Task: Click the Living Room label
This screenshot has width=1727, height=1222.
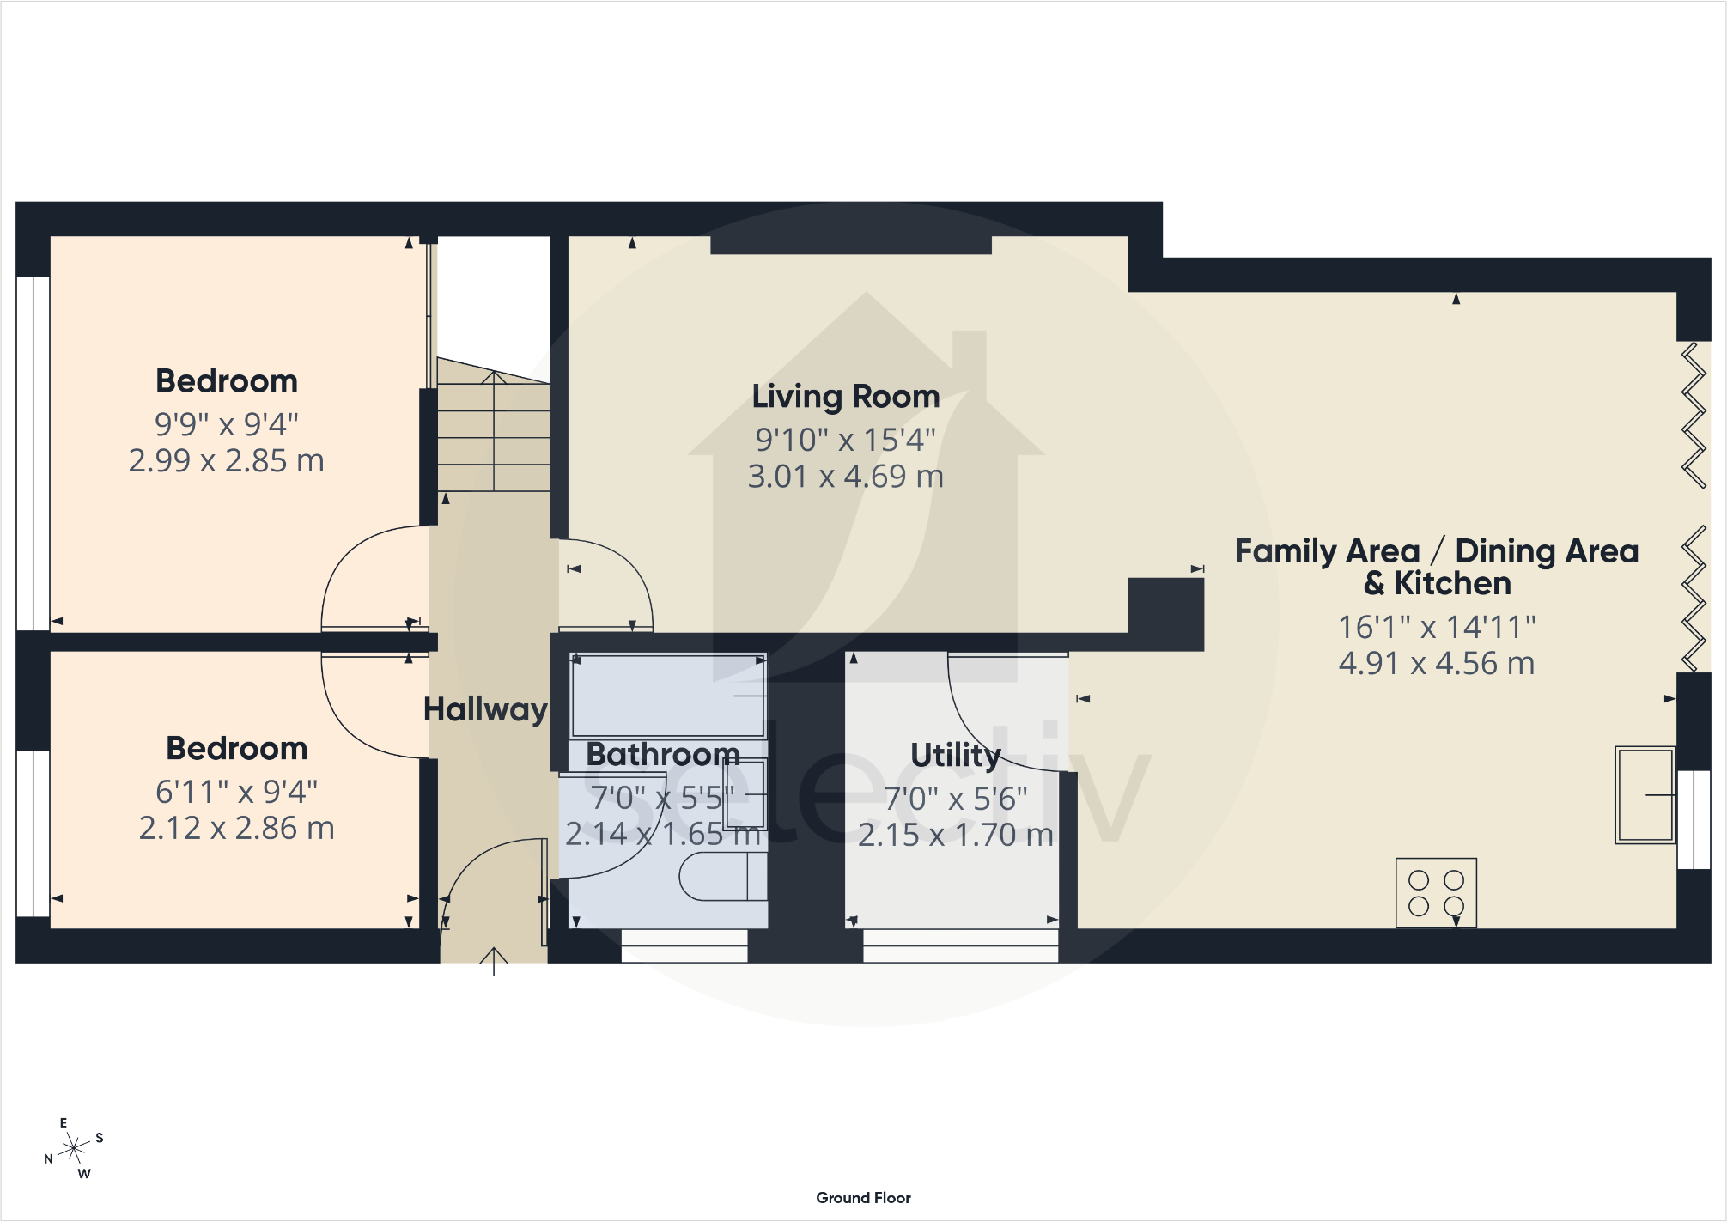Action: coord(846,397)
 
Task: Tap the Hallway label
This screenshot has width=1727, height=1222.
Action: coord(485,709)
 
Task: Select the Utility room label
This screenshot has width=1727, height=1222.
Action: coord(955,755)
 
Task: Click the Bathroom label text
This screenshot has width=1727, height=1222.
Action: coord(662,754)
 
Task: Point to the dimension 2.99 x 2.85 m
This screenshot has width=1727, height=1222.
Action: coord(227,461)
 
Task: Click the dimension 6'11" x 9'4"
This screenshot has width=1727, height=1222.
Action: coord(236,791)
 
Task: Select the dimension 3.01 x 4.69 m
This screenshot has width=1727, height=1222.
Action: coord(846,477)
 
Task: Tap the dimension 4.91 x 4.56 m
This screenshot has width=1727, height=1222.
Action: coord(1436,663)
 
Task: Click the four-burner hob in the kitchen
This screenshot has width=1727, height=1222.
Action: coord(1436,893)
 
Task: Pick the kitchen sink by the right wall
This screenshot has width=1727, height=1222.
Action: coord(1645,795)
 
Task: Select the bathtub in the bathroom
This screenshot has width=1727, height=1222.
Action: coord(667,696)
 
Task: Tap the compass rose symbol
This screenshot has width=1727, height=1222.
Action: coord(74,1148)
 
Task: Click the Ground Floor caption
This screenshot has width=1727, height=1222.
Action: coord(863,1198)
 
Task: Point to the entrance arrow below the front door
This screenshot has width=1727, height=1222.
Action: coord(494,960)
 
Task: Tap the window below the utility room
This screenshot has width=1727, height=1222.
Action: coord(960,946)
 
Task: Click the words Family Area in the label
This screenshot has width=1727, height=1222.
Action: coord(1327,551)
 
